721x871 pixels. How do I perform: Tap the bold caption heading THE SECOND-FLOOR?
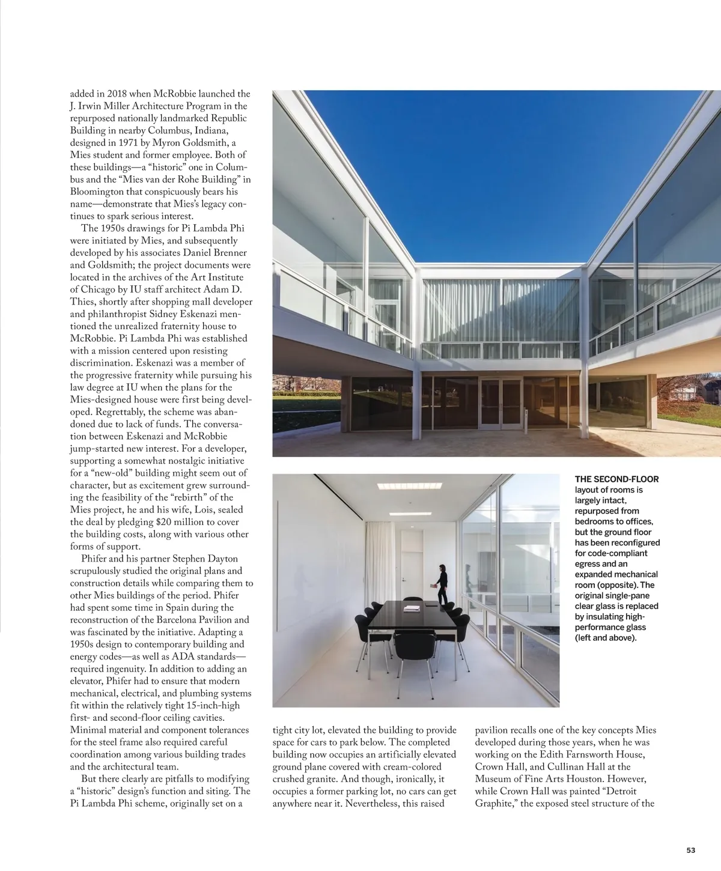616,479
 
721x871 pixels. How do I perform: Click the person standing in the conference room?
442,584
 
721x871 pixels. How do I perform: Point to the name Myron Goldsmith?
190,142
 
